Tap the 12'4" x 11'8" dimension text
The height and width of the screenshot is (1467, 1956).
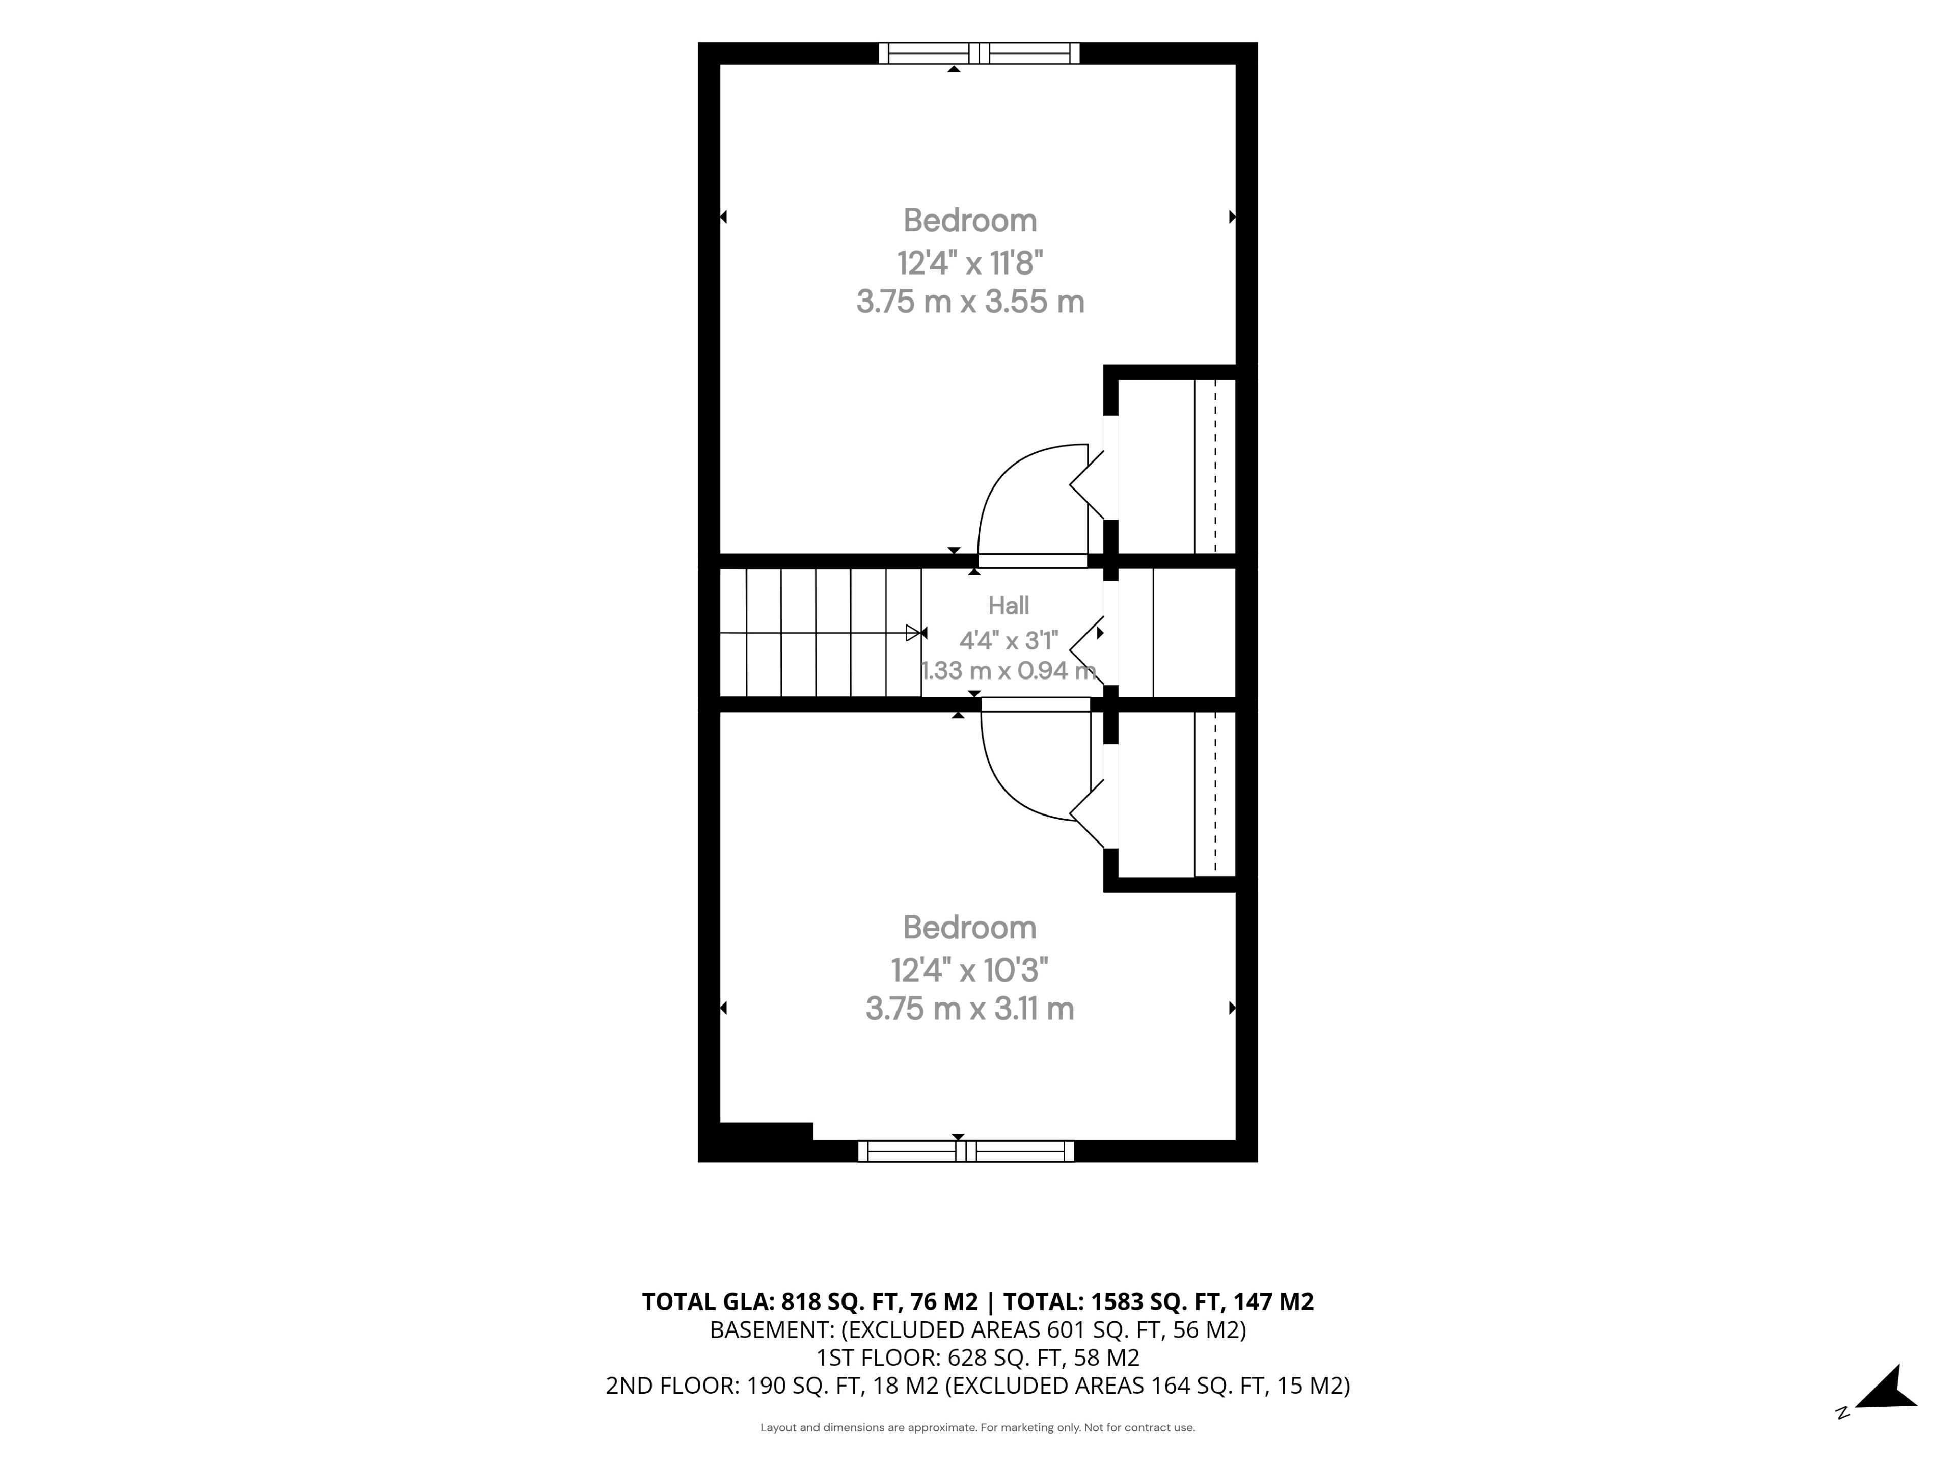tap(970, 263)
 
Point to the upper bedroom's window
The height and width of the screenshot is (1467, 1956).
tap(979, 53)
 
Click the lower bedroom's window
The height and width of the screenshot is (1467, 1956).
tap(966, 1151)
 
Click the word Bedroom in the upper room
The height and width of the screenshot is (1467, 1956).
tap(970, 220)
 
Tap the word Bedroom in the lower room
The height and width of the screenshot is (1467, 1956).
tap(970, 928)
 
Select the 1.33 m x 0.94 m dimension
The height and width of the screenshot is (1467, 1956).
tap(1009, 670)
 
